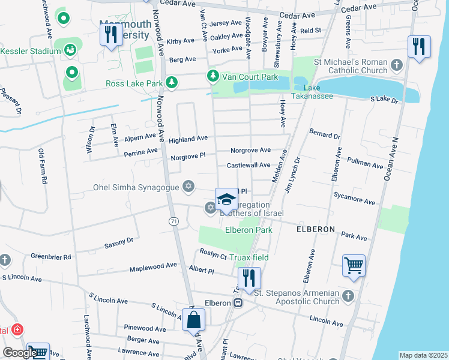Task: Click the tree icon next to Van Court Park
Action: (212, 76)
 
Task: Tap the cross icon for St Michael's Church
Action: (396, 65)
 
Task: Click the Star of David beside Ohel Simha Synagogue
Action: (188, 187)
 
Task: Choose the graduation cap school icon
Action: (226, 199)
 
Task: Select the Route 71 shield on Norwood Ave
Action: (173, 222)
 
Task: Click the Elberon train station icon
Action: (238, 303)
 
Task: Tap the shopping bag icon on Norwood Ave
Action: (194, 320)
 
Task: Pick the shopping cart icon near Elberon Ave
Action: (353, 265)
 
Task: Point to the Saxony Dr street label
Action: (118, 242)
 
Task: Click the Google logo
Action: (20, 353)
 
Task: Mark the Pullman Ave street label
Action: (366, 164)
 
